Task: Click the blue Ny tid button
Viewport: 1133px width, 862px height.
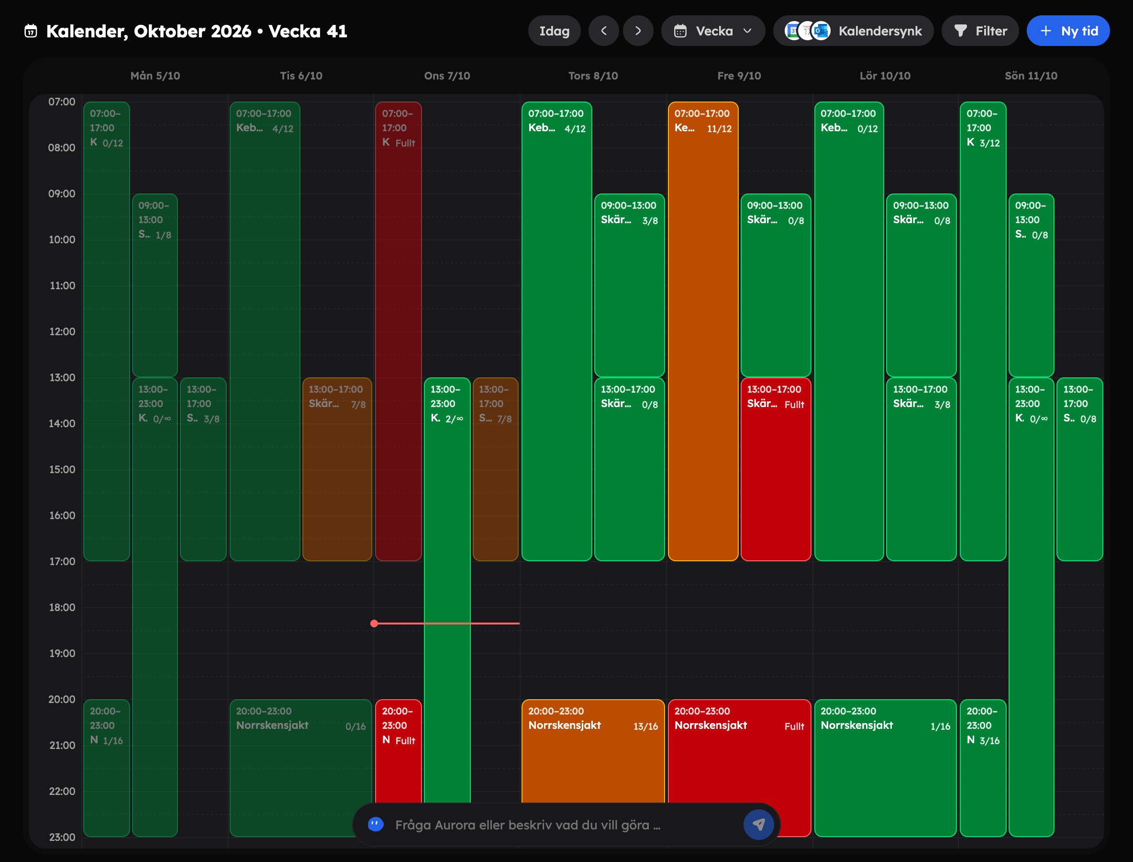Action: (x=1068, y=31)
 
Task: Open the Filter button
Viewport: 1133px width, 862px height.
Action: (x=980, y=31)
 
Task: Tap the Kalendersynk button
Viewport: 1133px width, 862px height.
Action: (x=853, y=31)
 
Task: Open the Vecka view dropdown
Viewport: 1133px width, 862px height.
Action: (x=712, y=31)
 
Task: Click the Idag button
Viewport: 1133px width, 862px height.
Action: (x=554, y=31)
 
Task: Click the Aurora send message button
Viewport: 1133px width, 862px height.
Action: (x=758, y=825)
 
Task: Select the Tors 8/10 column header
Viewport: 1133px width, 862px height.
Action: (x=593, y=76)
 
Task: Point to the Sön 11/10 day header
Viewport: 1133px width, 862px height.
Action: (x=1031, y=76)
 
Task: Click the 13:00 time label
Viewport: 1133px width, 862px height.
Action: (x=62, y=378)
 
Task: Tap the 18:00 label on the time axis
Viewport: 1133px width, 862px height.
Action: (x=62, y=608)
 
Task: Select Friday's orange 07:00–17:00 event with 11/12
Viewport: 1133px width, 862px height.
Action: (x=703, y=331)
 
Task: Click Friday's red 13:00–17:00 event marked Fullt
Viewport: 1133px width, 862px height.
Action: (x=776, y=469)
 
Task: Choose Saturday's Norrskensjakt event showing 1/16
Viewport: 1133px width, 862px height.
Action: (x=885, y=768)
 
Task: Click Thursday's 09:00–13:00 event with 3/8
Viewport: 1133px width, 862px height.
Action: (x=630, y=285)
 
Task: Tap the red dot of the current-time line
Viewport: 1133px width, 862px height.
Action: (x=374, y=624)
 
